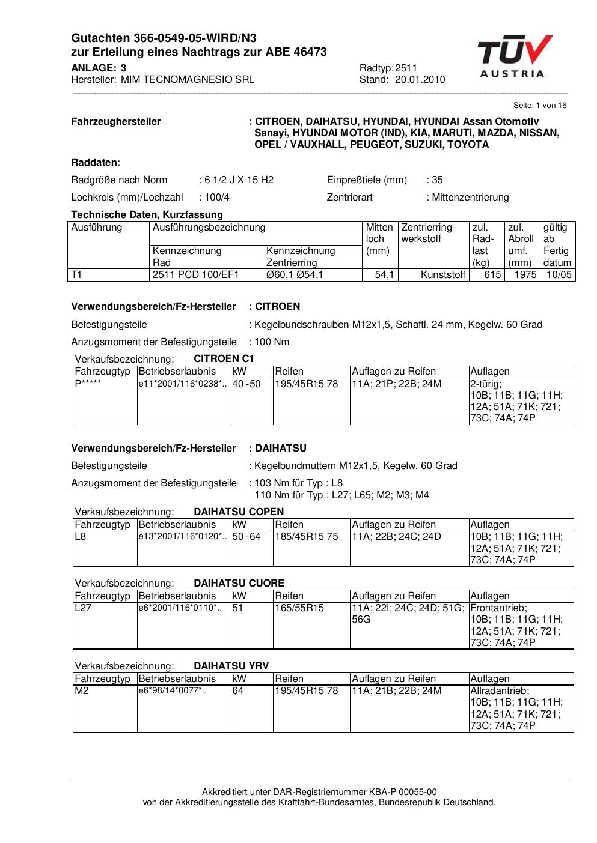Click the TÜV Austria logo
coord(515,57)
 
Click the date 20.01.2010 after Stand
coord(420,80)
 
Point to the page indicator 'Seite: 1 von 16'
coord(540,106)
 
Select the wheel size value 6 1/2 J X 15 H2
coord(239,180)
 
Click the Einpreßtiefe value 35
coord(437,180)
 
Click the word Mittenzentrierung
coord(470,197)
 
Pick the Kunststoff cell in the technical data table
coord(443,275)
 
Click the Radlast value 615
coord(492,275)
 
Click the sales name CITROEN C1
coord(224,358)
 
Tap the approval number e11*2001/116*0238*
coord(183,384)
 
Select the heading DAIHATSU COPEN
coord(239,512)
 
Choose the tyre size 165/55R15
coord(299,608)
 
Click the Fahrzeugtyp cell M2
coord(81,690)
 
